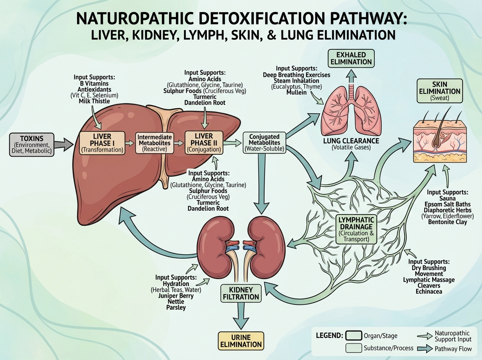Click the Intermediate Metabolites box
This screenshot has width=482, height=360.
click(x=155, y=143)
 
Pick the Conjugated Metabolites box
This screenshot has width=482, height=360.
click(x=264, y=143)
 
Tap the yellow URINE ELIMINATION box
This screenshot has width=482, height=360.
click(x=241, y=340)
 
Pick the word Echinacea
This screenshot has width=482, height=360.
click(x=429, y=291)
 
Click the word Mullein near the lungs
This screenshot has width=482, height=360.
click(x=296, y=92)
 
